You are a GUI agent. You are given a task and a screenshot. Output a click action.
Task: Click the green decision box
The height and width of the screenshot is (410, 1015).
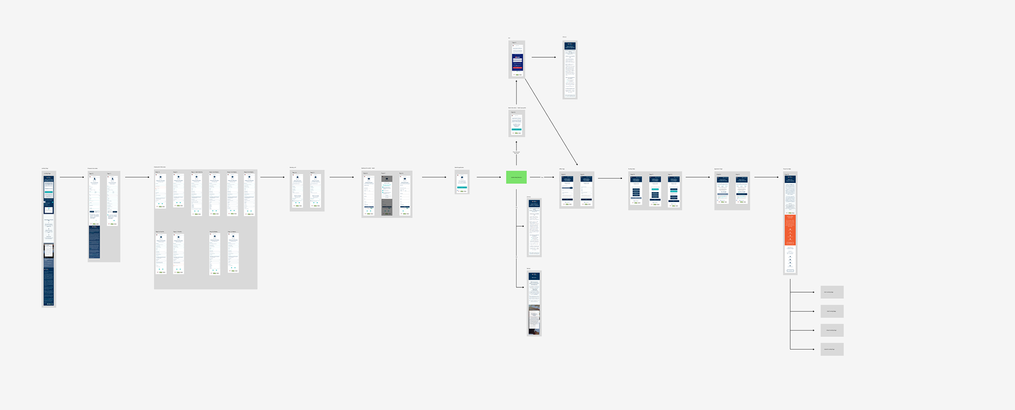(516, 177)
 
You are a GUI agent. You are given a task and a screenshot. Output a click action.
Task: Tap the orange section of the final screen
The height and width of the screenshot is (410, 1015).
(790, 230)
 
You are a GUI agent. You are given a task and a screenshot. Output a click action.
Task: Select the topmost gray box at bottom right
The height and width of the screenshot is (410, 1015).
(832, 292)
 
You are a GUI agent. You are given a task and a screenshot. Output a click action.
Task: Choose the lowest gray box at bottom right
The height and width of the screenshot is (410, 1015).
(832, 349)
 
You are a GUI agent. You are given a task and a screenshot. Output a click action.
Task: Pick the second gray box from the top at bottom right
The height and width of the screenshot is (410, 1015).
(832, 311)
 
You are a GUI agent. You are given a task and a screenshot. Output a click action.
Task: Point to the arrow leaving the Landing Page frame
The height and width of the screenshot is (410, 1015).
(71, 177)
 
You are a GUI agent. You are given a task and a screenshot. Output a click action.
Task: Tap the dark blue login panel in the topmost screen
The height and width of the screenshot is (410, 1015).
(517, 62)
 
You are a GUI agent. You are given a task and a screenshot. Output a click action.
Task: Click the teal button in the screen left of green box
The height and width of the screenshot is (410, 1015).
(462, 187)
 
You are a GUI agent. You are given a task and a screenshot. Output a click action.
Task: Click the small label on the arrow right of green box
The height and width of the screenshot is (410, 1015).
(542, 177)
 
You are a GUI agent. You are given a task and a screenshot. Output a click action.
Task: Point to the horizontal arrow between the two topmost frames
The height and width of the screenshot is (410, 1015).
(543, 57)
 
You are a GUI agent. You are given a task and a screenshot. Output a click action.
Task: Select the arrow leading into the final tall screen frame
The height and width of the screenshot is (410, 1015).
(766, 177)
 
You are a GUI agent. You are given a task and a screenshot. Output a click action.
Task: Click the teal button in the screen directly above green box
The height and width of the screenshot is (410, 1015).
(516, 129)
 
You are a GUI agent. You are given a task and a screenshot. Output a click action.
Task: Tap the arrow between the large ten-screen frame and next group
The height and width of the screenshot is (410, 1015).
(272, 177)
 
